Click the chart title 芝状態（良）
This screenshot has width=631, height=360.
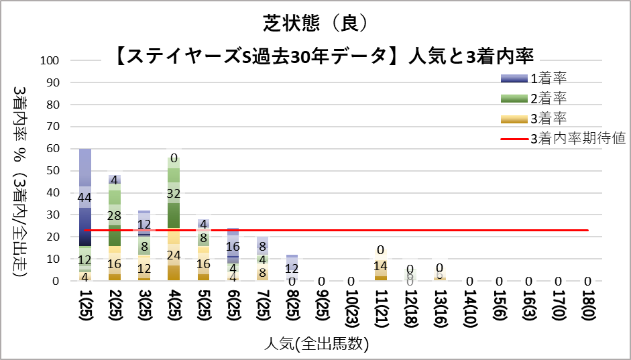pos(315,24)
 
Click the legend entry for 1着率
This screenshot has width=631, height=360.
pos(549,78)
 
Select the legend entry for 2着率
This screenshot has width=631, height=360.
pos(549,99)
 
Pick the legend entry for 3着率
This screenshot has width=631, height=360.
pos(549,119)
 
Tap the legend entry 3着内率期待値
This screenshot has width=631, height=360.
pos(577,139)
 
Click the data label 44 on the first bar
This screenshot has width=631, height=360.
pos(85,198)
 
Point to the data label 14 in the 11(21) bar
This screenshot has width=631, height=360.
pos(380,265)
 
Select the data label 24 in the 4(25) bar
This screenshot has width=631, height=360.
pos(174,255)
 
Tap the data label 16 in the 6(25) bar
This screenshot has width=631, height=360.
pos(233,246)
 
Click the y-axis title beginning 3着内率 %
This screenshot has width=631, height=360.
pos(20,181)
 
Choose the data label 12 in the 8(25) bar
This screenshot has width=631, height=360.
pos(292,268)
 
